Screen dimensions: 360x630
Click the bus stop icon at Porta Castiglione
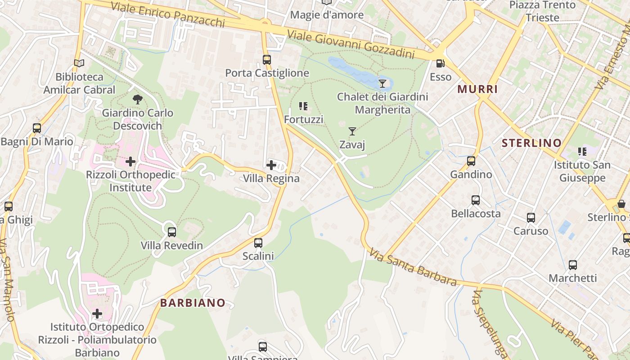click(x=267, y=59)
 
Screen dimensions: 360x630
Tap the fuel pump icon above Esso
click(x=440, y=63)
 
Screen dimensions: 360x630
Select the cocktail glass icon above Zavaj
click(x=352, y=131)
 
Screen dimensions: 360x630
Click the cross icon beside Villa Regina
click(x=271, y=165)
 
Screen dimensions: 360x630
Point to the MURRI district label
click(x=477, y=89)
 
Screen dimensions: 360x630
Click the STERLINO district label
click(x=531, y=143)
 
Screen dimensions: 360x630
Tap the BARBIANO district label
click(x=193, y=303)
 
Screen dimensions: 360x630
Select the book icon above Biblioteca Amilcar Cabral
click(x=79, y=63)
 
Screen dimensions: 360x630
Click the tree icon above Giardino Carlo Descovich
click(x=137, y=99)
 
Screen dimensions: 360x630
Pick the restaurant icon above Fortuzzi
click(x=303, y=106)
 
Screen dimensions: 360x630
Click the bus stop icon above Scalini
click(x=258, y=243)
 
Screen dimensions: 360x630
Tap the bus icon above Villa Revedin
click(x=171, y=232)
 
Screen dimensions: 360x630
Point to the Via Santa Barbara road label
click(x=413, y=268)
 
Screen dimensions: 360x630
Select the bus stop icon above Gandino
click(x=471, y=161)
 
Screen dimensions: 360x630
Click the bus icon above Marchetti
click(x=572, y=265)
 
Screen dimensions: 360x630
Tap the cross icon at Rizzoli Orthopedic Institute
click(x=130, y=161)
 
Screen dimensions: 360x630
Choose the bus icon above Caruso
click(x=531, y=218)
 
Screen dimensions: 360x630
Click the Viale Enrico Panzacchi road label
click(x=167, y=14)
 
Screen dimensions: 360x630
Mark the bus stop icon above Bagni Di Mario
click(x=37, y=128)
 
